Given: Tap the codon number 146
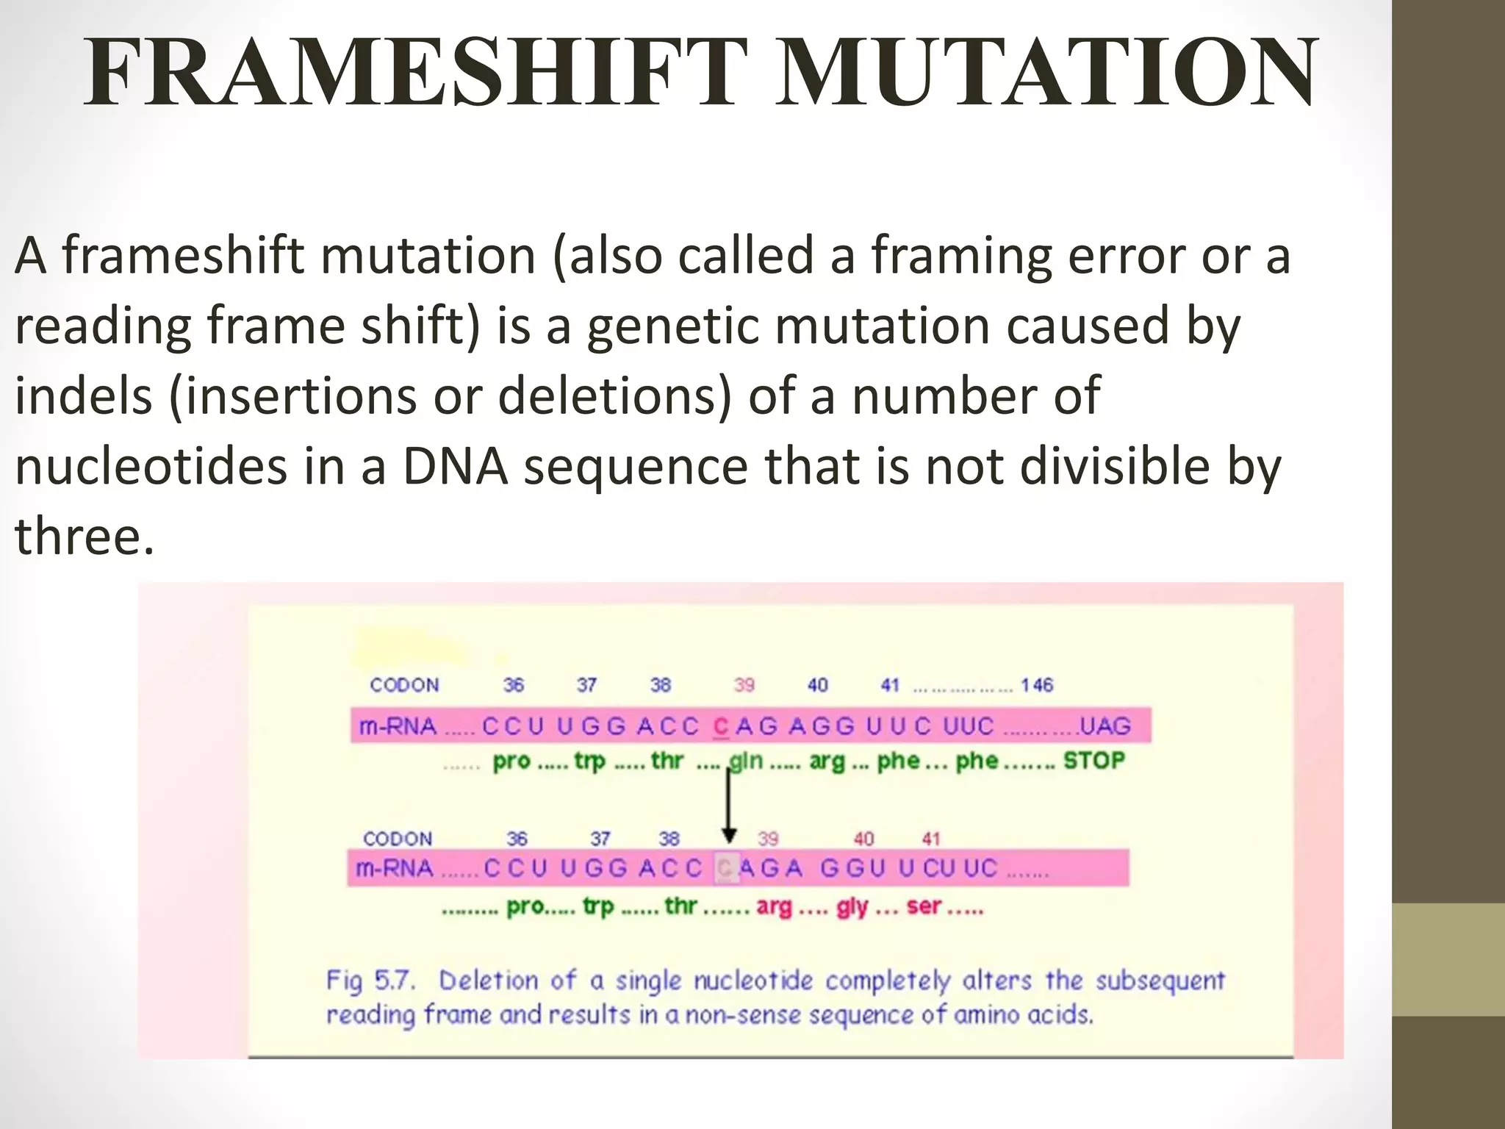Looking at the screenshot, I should pos(1036,686).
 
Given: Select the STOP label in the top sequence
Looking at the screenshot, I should pos(1093,760).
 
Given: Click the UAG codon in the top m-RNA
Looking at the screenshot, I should pos(1105,726).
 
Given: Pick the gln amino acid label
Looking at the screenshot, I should pos(745,761).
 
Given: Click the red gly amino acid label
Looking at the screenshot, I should pos(852,907).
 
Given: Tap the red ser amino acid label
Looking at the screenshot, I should pos(924,906).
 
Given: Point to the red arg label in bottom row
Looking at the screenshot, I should pos(775,907).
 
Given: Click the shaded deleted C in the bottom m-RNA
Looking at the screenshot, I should pos(726,869).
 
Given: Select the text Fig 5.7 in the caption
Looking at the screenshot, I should pos(370,981).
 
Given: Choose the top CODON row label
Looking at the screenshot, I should pos(404,686).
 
